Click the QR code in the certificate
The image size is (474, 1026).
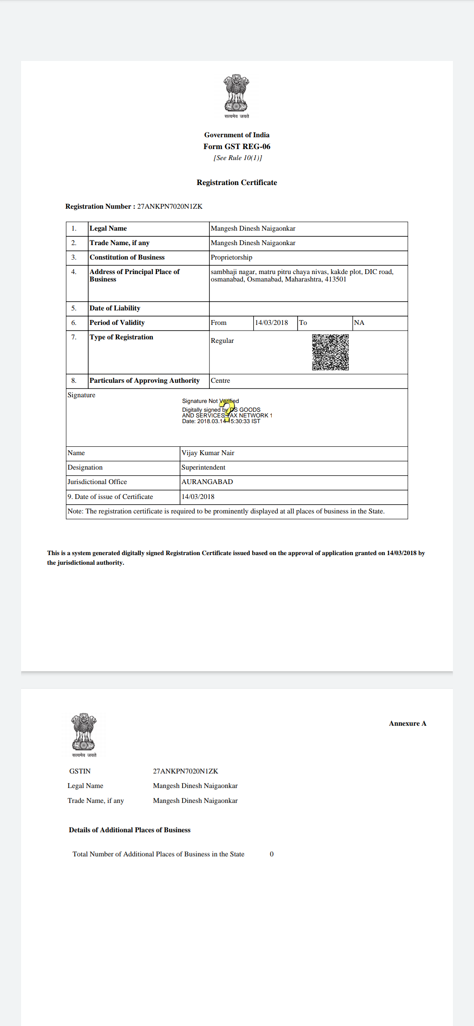[x=330, y=352]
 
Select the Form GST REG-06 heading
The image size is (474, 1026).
[x=237, y=146]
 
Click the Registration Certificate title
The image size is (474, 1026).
[x=237, y=182]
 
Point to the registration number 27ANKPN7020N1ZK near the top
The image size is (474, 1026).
[x=170, y=207]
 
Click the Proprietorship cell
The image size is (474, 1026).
[x=231, y=257]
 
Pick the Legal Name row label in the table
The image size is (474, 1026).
[x=108, y=228]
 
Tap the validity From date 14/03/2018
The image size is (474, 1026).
[x=271, y=323]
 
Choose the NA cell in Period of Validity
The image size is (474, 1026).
[x=359, y=323]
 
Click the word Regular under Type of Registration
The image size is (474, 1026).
[x=222, y=341]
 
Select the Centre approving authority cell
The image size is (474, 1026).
[x=220, y=381]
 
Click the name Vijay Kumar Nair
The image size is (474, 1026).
[x=208, y=453]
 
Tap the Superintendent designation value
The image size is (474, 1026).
[x=203, y=467]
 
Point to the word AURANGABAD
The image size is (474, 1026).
[x=207, y=482]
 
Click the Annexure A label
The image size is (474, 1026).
[x=407, y=723]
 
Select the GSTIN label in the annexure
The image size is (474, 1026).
[x=80, y=771]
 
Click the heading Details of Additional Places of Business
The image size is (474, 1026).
[x=129, y=830]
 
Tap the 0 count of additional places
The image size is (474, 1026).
[x=272, y=854]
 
